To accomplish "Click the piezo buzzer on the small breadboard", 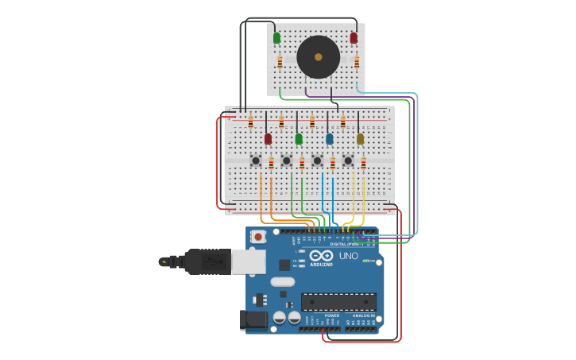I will (x=319, y=57).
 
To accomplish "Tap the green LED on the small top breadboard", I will (x=276, y=37).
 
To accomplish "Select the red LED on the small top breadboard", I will (x=354, y=37).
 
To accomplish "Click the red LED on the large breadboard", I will (x=268, y=139).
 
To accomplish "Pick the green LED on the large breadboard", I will (x=299, y=139).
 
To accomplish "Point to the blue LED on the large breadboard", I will (x=330, y=139).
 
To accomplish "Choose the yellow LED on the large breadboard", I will (x=360, y=139).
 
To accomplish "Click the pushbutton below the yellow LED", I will (x=348, y=161).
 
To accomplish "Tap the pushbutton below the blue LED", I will (x=317, y=161).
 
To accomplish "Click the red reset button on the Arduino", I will (x=259, y=236).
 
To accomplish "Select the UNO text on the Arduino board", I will (x=348, y=256).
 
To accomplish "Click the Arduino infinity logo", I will (x=322, y=257).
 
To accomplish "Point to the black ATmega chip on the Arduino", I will (x=338, y=301).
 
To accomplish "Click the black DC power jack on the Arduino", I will (x=253, y=320).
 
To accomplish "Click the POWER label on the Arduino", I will (x=331, y=315).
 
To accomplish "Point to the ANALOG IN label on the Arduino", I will (x=365, y=315).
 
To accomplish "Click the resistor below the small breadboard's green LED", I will (x=280, y=62).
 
